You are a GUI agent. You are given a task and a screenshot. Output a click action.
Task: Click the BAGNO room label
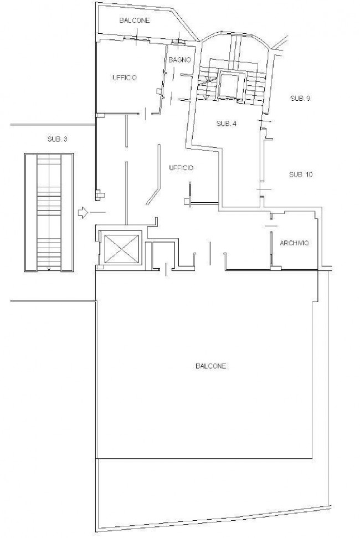point(179,60)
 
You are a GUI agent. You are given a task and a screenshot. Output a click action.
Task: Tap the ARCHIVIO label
point(294,243)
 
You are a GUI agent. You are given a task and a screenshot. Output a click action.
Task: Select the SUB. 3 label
point(57,139)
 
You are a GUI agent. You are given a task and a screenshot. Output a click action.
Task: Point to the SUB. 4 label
point(227,124)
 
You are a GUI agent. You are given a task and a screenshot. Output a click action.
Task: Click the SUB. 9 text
point(300,99)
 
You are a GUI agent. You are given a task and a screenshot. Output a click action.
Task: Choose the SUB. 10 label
point(301,175)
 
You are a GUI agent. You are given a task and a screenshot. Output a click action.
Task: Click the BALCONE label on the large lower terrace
point(210,366)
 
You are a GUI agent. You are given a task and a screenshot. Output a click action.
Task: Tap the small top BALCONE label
point(135,21)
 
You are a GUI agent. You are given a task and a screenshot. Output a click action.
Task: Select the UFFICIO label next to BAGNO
point(125,78)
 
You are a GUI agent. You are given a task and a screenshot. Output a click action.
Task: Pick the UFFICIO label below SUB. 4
point(181,168)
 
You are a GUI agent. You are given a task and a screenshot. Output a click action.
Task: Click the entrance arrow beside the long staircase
point(83,213)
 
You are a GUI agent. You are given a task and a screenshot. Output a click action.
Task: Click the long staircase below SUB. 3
point(49,212)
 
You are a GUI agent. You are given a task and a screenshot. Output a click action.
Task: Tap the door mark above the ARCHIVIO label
point(271,226)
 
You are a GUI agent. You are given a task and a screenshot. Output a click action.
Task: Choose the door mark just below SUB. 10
point(264,189)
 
